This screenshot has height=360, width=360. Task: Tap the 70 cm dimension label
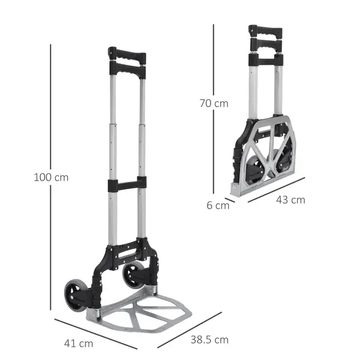214,103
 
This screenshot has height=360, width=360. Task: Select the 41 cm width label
78,344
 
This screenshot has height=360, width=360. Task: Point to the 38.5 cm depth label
209,339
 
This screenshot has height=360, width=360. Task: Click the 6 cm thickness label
218,205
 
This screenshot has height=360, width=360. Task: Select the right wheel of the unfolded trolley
134,275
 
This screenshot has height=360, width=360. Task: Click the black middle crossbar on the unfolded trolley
127,183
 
